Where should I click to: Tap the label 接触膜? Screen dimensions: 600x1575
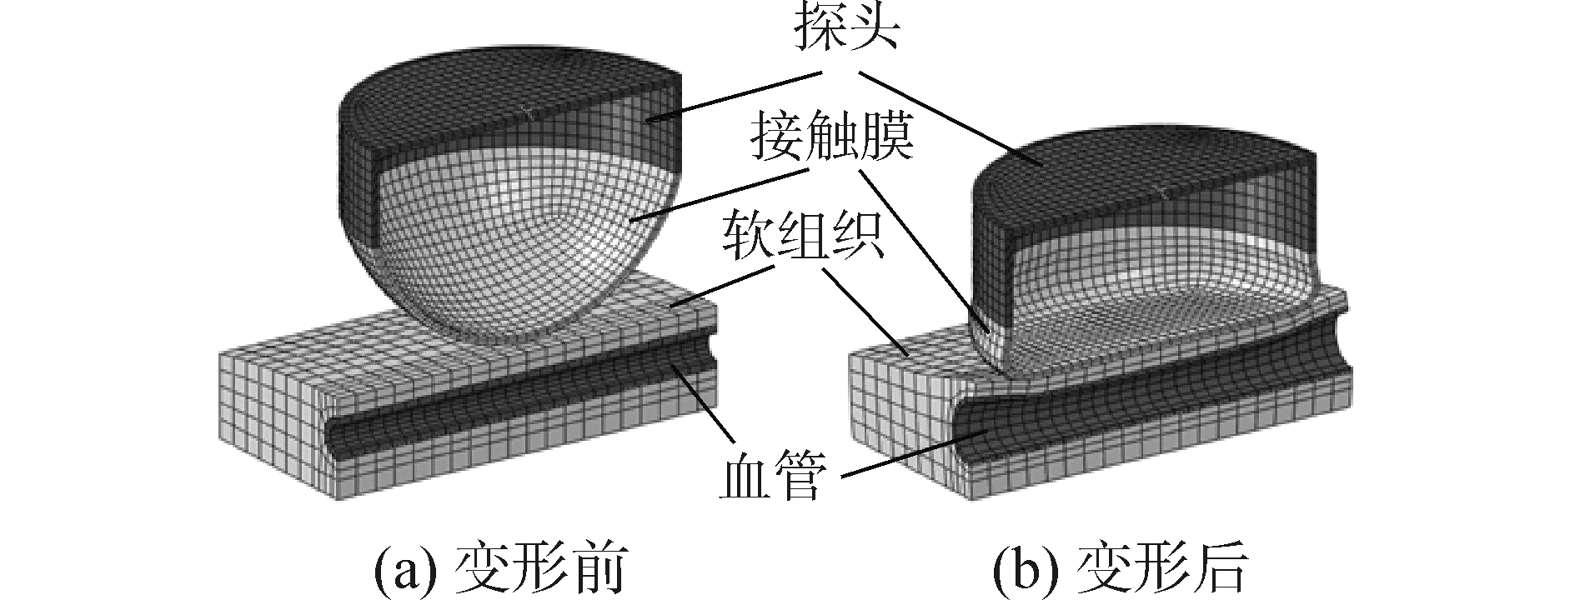(830, 138)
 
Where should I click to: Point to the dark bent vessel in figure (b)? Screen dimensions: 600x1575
(1084, 417)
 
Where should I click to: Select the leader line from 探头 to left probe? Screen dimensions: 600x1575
(734, 96)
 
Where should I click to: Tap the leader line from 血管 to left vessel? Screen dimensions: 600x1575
(705, 408)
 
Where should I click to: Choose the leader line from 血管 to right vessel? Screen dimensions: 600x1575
(917, 454)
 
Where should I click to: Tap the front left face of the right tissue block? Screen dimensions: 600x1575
(900, 400)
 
